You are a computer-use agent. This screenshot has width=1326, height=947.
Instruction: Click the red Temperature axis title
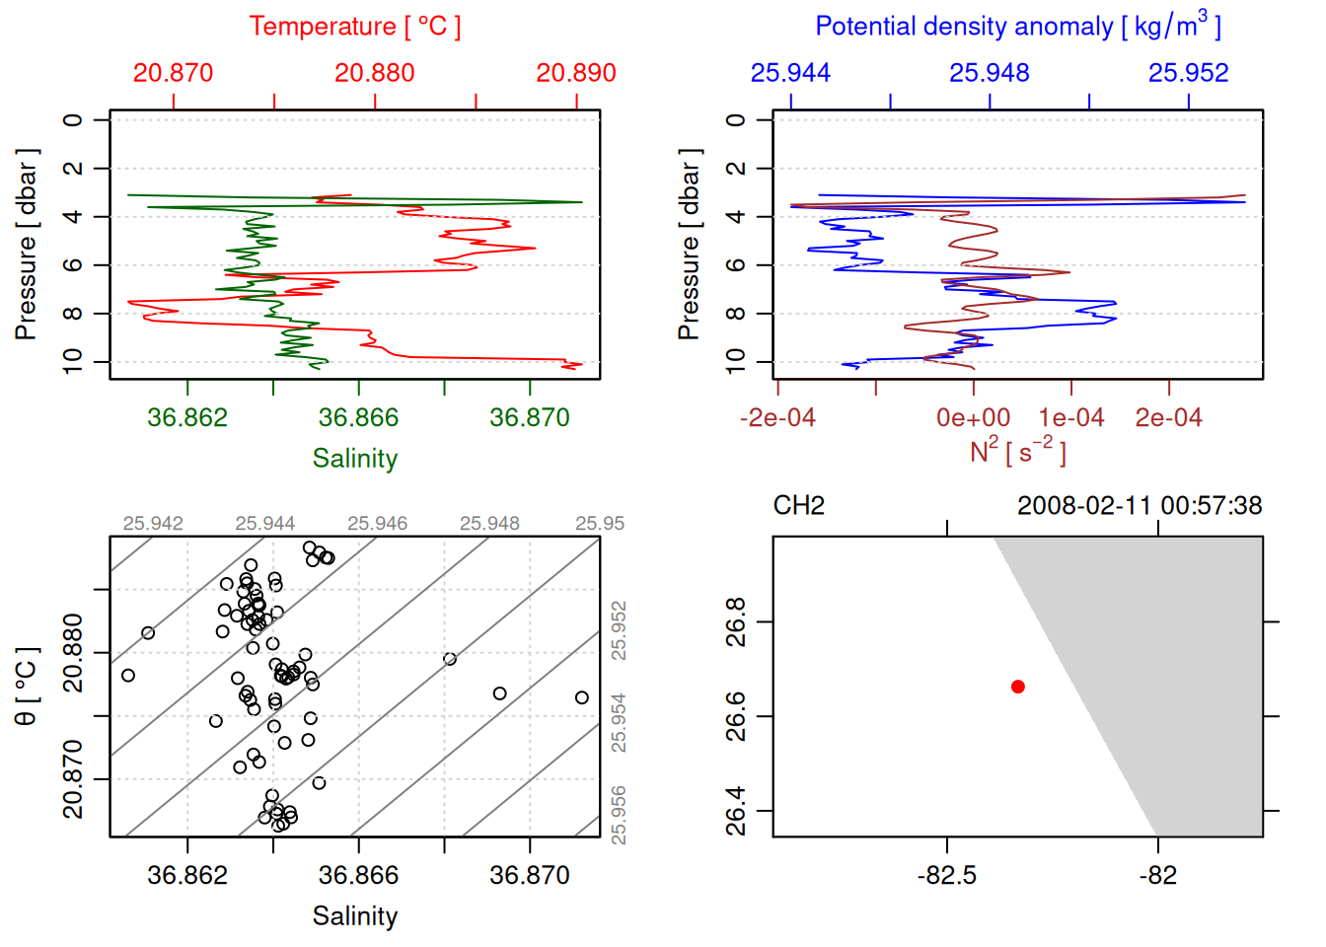354,27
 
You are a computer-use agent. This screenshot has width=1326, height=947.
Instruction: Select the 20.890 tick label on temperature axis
575,73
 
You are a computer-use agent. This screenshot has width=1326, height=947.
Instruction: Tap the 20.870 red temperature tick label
173,73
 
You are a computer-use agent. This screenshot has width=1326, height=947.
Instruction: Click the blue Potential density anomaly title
1017,26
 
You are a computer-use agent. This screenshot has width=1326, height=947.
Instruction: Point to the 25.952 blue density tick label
1188,73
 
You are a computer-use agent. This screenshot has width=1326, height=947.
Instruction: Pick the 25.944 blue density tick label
790,73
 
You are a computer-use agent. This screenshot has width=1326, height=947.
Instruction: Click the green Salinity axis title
355,459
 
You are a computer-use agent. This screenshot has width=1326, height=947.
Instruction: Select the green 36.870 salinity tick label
530,418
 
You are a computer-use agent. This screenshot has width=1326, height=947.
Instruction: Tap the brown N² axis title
1017,451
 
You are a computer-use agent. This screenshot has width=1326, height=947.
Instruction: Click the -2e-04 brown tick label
777,418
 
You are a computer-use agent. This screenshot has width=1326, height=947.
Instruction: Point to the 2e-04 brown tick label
1168,418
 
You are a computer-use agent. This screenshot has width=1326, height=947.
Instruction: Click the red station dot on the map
1018,687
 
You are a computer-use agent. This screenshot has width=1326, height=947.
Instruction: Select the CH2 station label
798,506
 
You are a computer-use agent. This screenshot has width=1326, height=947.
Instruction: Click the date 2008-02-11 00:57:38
1140,506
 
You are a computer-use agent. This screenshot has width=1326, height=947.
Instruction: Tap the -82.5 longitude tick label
947,876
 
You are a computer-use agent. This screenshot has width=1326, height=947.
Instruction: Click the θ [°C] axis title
26,687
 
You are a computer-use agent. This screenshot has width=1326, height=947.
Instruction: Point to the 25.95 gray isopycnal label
600,524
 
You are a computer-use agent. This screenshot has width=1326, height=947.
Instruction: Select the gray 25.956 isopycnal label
619,815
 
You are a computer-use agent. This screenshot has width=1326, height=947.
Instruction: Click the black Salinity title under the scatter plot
355,916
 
